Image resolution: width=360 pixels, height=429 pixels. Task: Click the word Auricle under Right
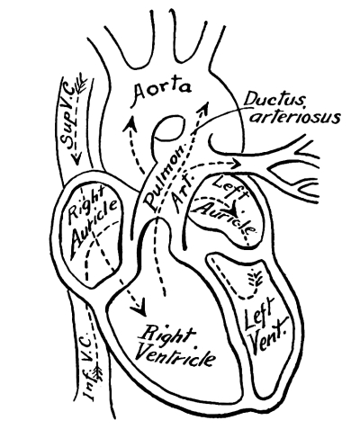pos(93,228)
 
